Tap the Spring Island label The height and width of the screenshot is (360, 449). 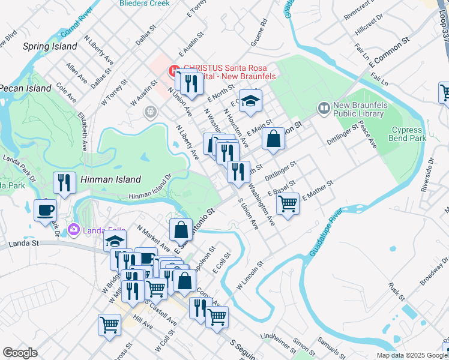[50, 46]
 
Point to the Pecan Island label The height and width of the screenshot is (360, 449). [25, 88]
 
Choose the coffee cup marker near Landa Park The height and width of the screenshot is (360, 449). [46, 211]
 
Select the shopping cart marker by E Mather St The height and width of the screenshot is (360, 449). [288, 203]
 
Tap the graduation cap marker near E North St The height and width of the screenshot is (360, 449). [251, 100]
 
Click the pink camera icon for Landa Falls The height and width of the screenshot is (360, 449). [74, 229]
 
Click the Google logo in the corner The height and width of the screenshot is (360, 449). [20, 353]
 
